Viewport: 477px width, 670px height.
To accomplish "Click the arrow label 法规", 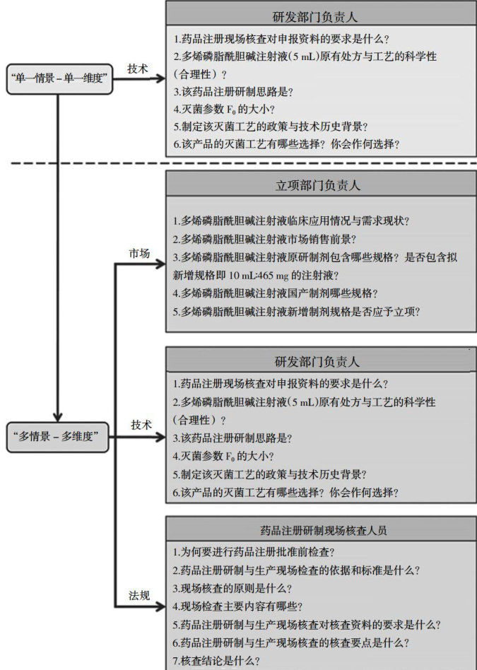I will [x=139, y=595].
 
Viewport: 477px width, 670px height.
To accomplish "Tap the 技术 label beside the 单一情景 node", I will [x=138, y=69].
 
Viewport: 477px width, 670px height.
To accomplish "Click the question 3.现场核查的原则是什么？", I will [x=232, y=588].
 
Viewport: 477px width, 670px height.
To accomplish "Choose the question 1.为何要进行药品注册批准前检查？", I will [x=254, y=551].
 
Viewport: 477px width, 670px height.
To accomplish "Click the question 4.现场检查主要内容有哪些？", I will [x=237, y=606].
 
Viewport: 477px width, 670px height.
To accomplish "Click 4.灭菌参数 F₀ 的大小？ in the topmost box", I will [x=223, y=109].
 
